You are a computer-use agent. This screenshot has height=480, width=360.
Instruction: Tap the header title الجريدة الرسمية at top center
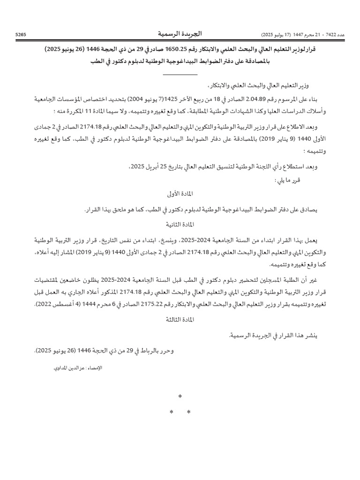180,34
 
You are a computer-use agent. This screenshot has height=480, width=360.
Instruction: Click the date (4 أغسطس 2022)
52,304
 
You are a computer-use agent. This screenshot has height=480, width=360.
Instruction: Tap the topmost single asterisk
180,397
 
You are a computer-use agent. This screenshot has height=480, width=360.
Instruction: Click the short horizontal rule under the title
180,74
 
